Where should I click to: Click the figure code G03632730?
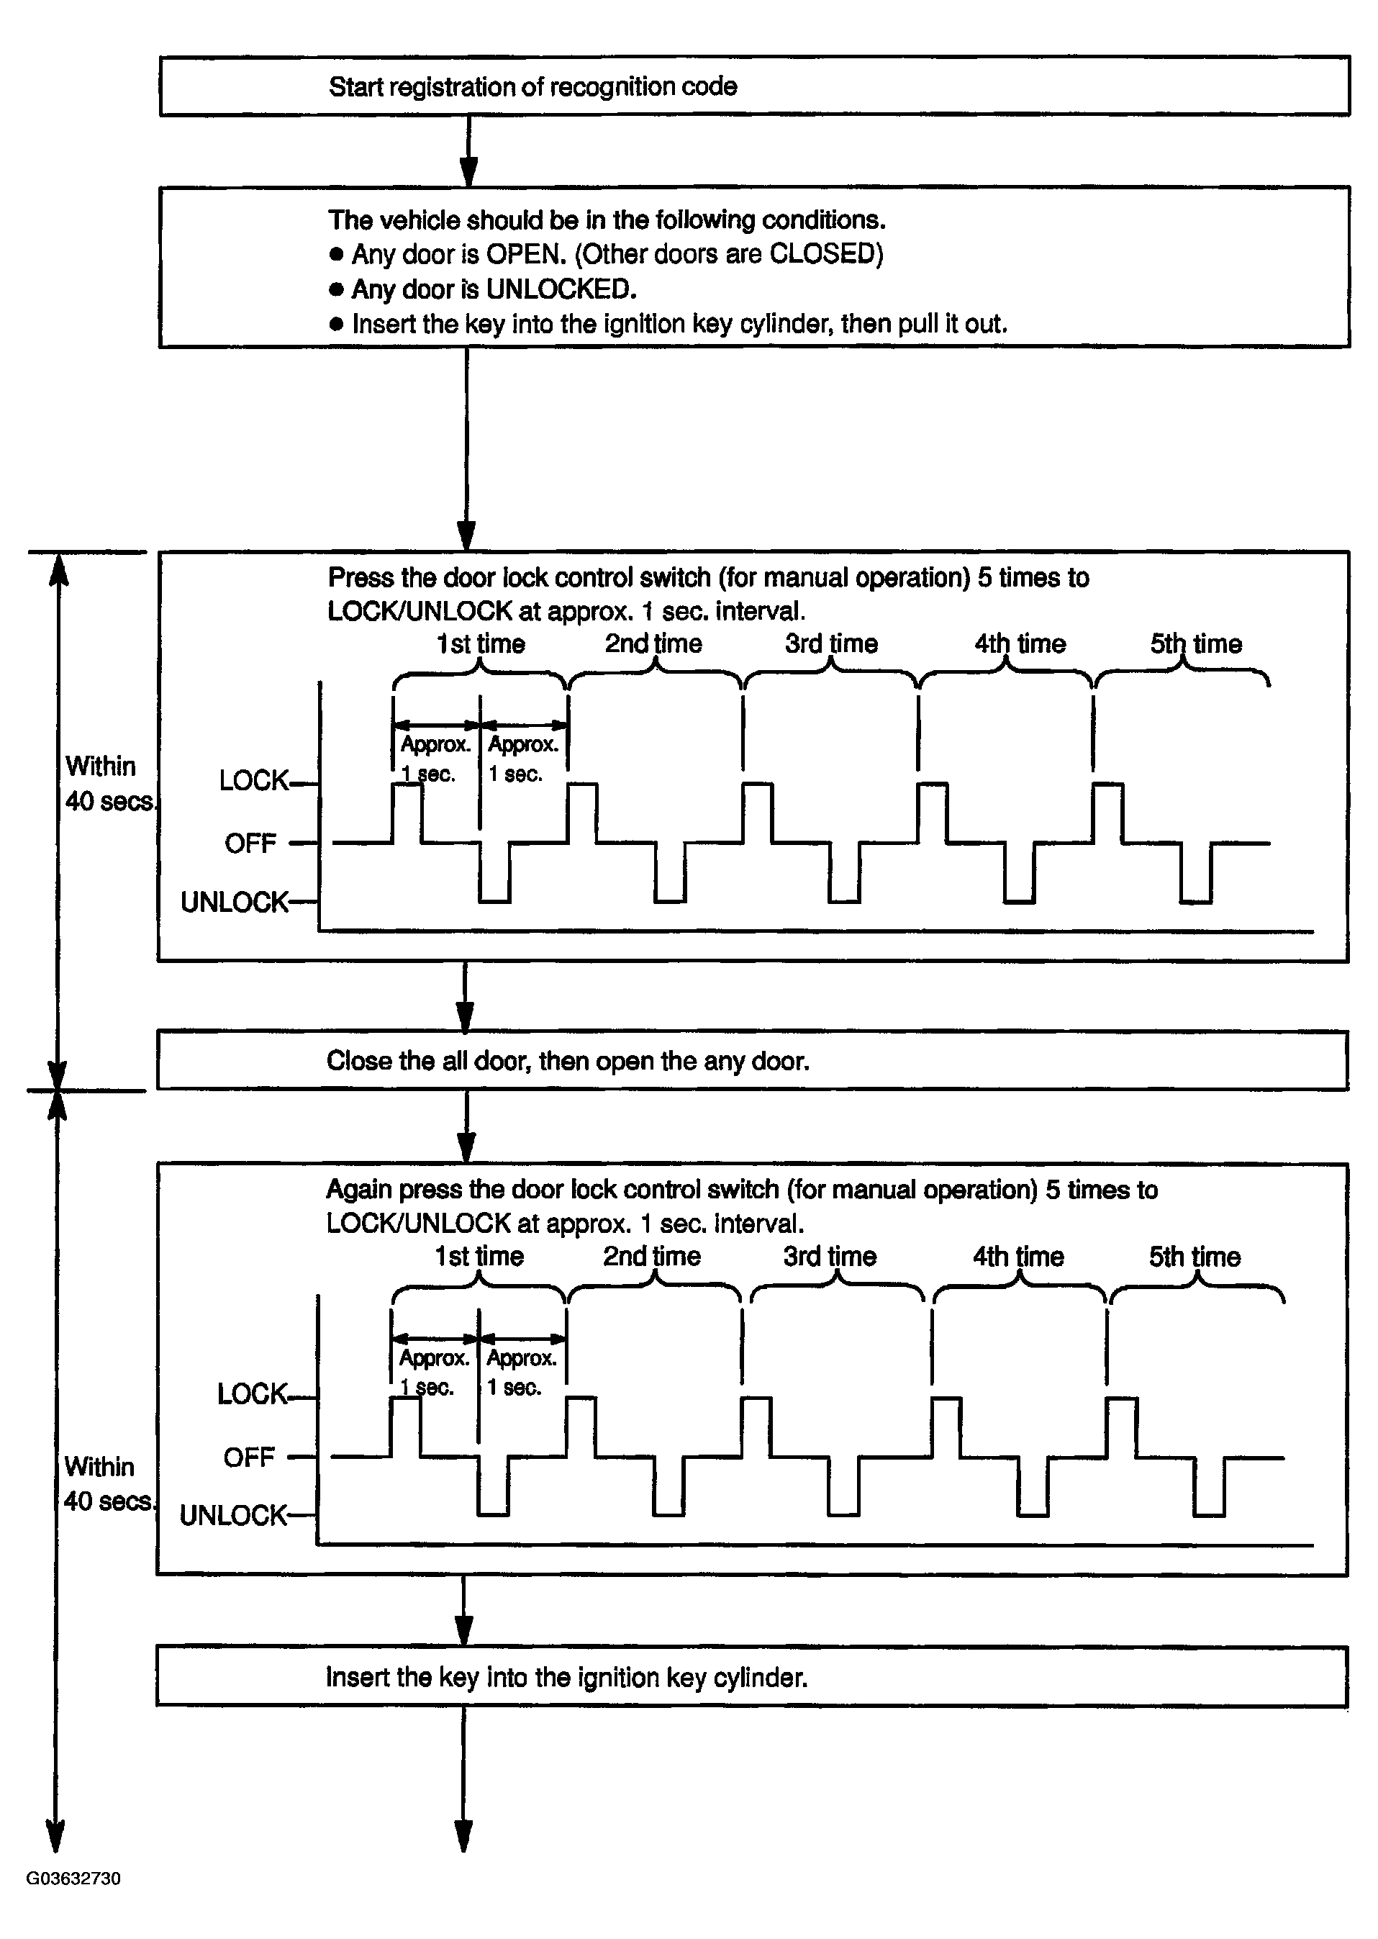(x=73, y=1879)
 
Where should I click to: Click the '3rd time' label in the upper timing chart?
(x=830, y=644)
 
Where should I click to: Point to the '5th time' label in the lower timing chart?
(x=1194, y=1257)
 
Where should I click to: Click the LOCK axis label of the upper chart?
(x=253, y=781)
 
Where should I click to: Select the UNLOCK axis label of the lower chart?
(x=233, y=1516)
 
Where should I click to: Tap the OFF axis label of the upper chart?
(x=250, y=844)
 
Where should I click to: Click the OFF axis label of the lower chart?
(x=249, y=1458)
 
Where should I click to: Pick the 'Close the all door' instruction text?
(x=568, y=1061)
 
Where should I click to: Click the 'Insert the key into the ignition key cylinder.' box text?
(x=566, y=1678)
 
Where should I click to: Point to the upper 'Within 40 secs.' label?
(x=109, y=783)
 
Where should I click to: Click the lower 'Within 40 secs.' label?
(x=108, y=1483)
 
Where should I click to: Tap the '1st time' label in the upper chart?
(x=480, y=644)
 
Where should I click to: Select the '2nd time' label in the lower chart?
(x=652, y=1257)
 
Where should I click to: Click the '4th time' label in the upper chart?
(x=1019, y=644)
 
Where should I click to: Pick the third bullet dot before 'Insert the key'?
(x=336, y=324)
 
